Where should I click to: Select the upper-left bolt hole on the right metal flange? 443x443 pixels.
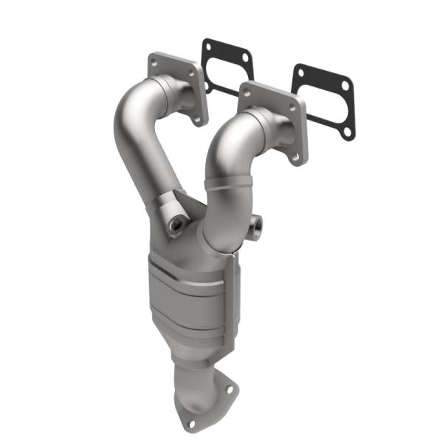click(244, 93)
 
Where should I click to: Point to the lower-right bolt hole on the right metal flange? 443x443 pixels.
click(296, 156)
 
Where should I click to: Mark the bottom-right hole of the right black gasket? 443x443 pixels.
click(347, 131)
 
